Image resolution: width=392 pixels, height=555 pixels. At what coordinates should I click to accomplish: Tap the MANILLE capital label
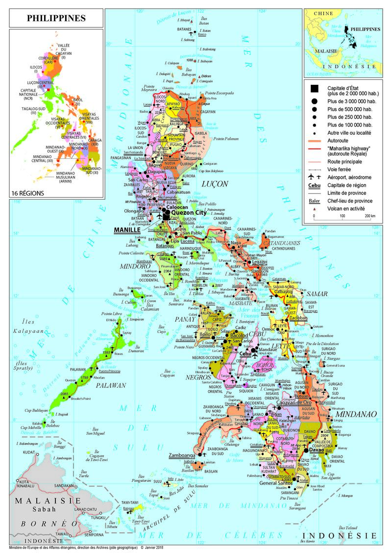[x=126, y=229]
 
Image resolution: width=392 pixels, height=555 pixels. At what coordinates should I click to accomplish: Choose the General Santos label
[x=279, y=483]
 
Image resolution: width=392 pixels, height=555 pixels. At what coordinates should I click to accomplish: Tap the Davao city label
[x=317, y=449]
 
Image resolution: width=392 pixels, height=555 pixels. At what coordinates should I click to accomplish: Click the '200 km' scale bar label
[x=370, y=216]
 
